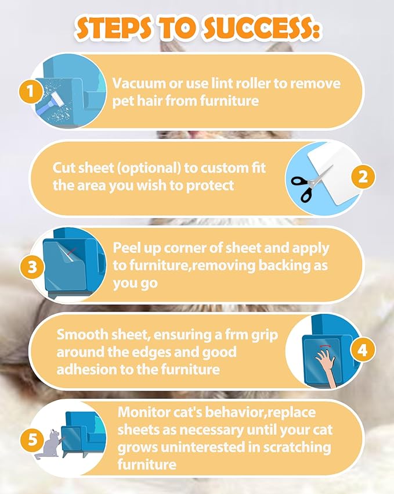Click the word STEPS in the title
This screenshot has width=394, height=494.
click(114, 29)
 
